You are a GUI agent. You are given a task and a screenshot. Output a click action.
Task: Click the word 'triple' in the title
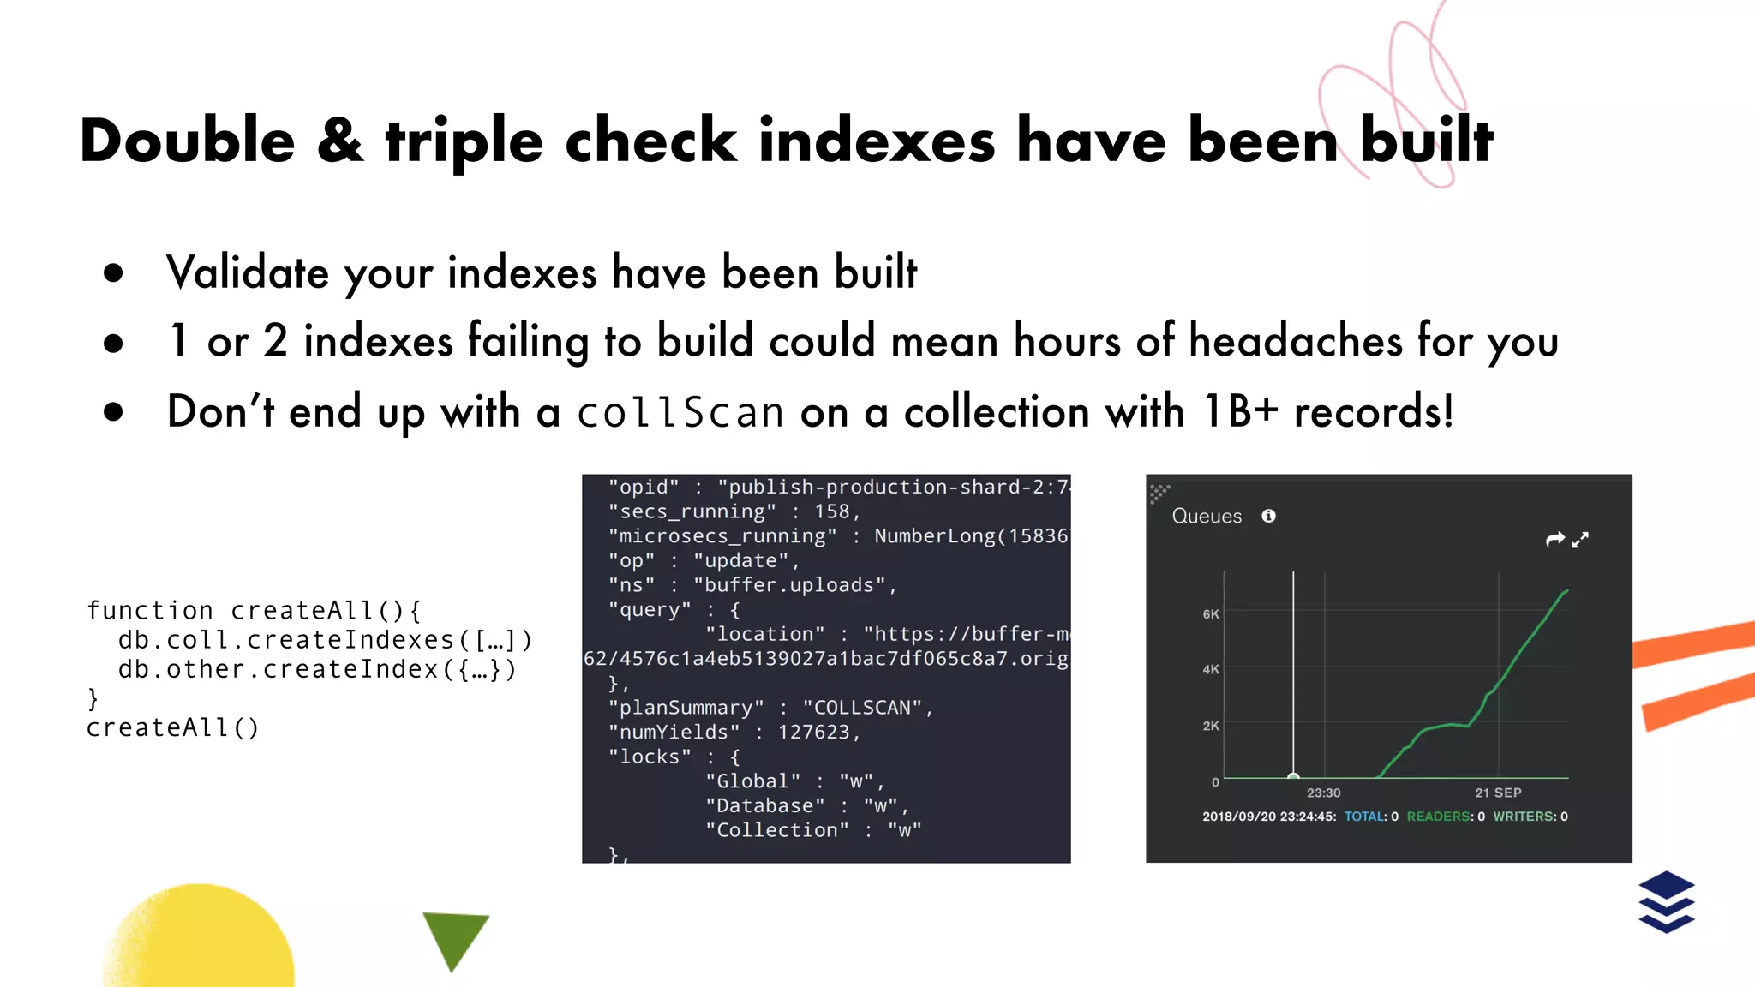pyautogui.click(x=464, y=141)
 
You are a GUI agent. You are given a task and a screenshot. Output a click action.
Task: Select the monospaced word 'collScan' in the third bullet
pyautogui.click(x=680, y=412)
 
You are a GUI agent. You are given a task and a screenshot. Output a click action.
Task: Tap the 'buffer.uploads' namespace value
pyautogui.click(x=789, y=585)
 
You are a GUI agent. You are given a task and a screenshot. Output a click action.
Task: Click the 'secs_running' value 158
pyautogui.click(x=831, y=511)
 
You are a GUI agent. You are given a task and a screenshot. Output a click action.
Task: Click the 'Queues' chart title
pyautogui.click(x=1207, y=516)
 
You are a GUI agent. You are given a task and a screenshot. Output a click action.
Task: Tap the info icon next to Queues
pyautogui.click(x=1268, y=516)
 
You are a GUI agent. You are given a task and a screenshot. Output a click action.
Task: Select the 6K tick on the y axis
pyautogui.click(x=1210, y=614)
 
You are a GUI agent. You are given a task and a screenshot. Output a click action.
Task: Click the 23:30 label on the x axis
pyautogui.click(x=1323, y=793)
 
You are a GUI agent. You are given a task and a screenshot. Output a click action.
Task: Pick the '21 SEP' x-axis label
pyautogui.click(x=1498, y=793)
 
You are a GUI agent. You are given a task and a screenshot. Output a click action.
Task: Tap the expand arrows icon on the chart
pyautogui.click(x=1580, y=540)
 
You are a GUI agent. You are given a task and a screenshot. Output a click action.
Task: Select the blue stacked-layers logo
pyautogui.click(x=1666, y=901)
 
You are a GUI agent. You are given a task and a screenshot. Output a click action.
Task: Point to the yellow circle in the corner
pyautogui.click(x=201, y=938)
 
